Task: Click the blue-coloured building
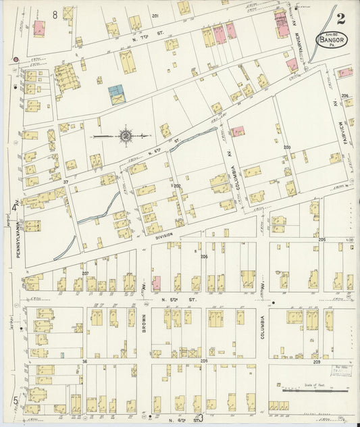(116, 94)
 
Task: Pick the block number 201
(155, 15)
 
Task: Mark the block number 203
(286, 147)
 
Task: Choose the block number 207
(85, 273)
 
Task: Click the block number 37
(66, 182)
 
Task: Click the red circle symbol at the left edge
(15, 59)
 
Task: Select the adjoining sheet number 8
(54, 14)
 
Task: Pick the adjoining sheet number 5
(15, 400)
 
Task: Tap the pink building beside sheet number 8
(39, 28)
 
